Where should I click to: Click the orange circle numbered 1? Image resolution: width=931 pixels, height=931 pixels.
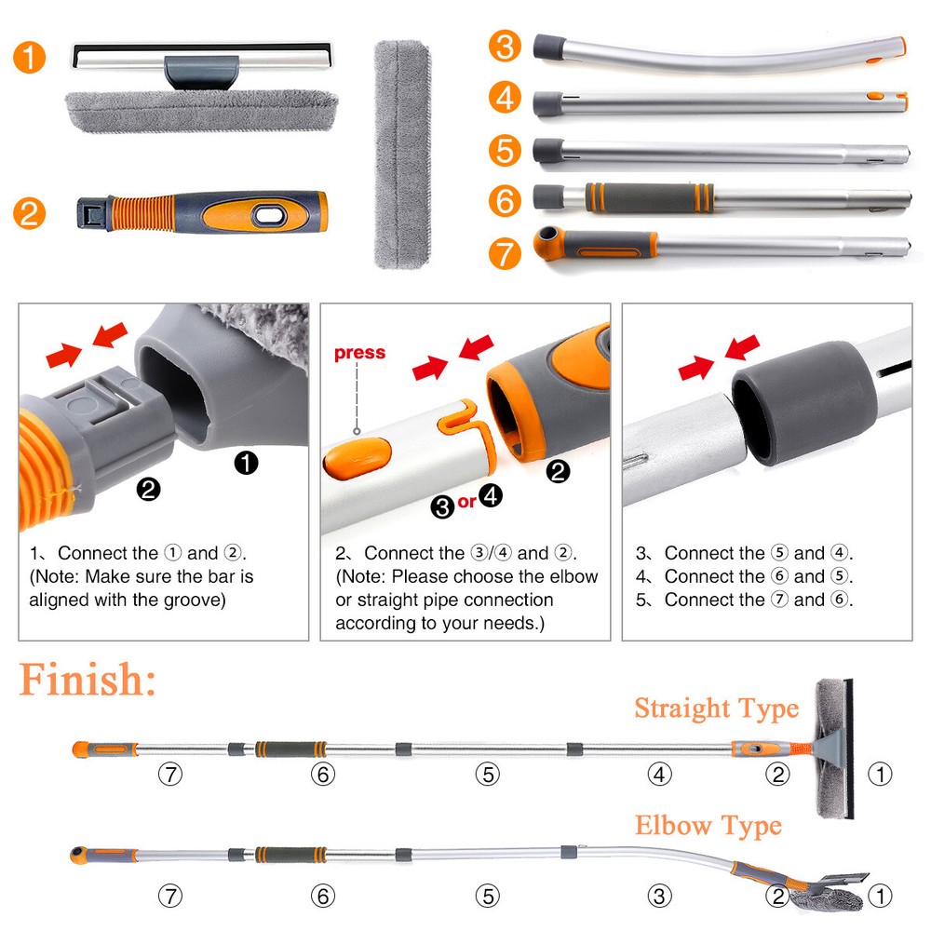(x=29, y=58)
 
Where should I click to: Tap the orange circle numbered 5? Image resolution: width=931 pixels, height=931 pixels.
(x=505, y=150)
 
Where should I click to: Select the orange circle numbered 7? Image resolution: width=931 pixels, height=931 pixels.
(x=505, y=253)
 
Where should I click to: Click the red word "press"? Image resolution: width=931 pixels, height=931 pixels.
(x=359, y=352)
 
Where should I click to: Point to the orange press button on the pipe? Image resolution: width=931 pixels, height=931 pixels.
(x=358, y=458)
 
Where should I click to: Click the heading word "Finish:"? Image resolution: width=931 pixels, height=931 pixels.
(x=88, y=680)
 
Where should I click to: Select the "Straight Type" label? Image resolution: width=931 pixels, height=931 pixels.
(x=717, y=708)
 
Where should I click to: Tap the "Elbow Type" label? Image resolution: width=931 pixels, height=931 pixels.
(x=708, y=826)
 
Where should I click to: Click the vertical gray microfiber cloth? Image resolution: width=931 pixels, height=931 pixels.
(x=402, y=155)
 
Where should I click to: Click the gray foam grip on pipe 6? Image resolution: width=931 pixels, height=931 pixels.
(x=650, y=197)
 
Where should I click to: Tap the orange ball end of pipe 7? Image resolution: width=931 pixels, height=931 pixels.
(x=548, y=242)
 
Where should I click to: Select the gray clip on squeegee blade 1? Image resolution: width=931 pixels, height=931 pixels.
(x=201, y=72)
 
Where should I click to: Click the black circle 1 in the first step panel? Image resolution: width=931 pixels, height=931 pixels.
(x=246, y=463)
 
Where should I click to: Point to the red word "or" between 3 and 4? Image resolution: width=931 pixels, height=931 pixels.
(x=466, y=502)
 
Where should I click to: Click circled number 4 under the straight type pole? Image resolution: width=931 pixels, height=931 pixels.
(x=659, y=775)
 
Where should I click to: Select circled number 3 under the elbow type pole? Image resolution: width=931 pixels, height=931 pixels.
(x=659, y=896)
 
